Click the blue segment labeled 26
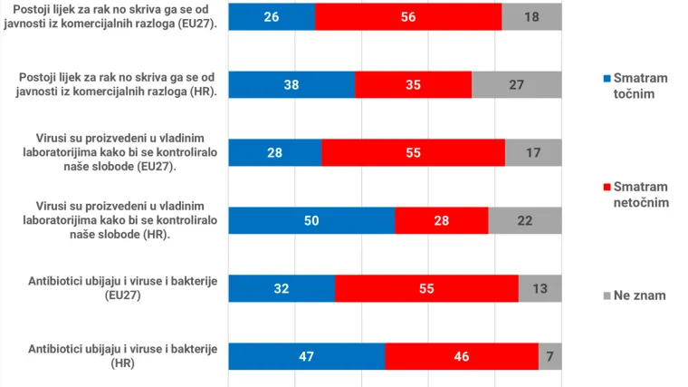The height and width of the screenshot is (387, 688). [x=272, y=16]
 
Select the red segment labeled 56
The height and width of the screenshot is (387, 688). [x=408, y=16]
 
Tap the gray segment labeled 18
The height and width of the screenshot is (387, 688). [x=531, y=16]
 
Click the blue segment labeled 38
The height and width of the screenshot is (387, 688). [x=291, y=84]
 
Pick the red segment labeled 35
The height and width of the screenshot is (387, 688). [x=413, y=84]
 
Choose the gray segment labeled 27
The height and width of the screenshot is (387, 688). [x=516, y=84]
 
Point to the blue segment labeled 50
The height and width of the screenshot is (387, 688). [x=311, y=220]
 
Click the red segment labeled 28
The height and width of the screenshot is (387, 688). [x=441, y=220]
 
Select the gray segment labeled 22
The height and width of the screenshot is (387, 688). [x=524, y=220]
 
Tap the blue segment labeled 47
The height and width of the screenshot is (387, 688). [x=306, y=356]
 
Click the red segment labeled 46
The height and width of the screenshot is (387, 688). [x=461, y=356]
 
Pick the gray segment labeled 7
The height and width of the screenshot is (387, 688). [x=549, y=356]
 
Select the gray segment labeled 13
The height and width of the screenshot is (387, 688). [x=540, y=288]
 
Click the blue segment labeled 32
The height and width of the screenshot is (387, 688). [x=282, y=288]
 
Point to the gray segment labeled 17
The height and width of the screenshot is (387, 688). [x=533, y=152]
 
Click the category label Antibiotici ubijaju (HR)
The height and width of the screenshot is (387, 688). [x=123, y=355]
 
